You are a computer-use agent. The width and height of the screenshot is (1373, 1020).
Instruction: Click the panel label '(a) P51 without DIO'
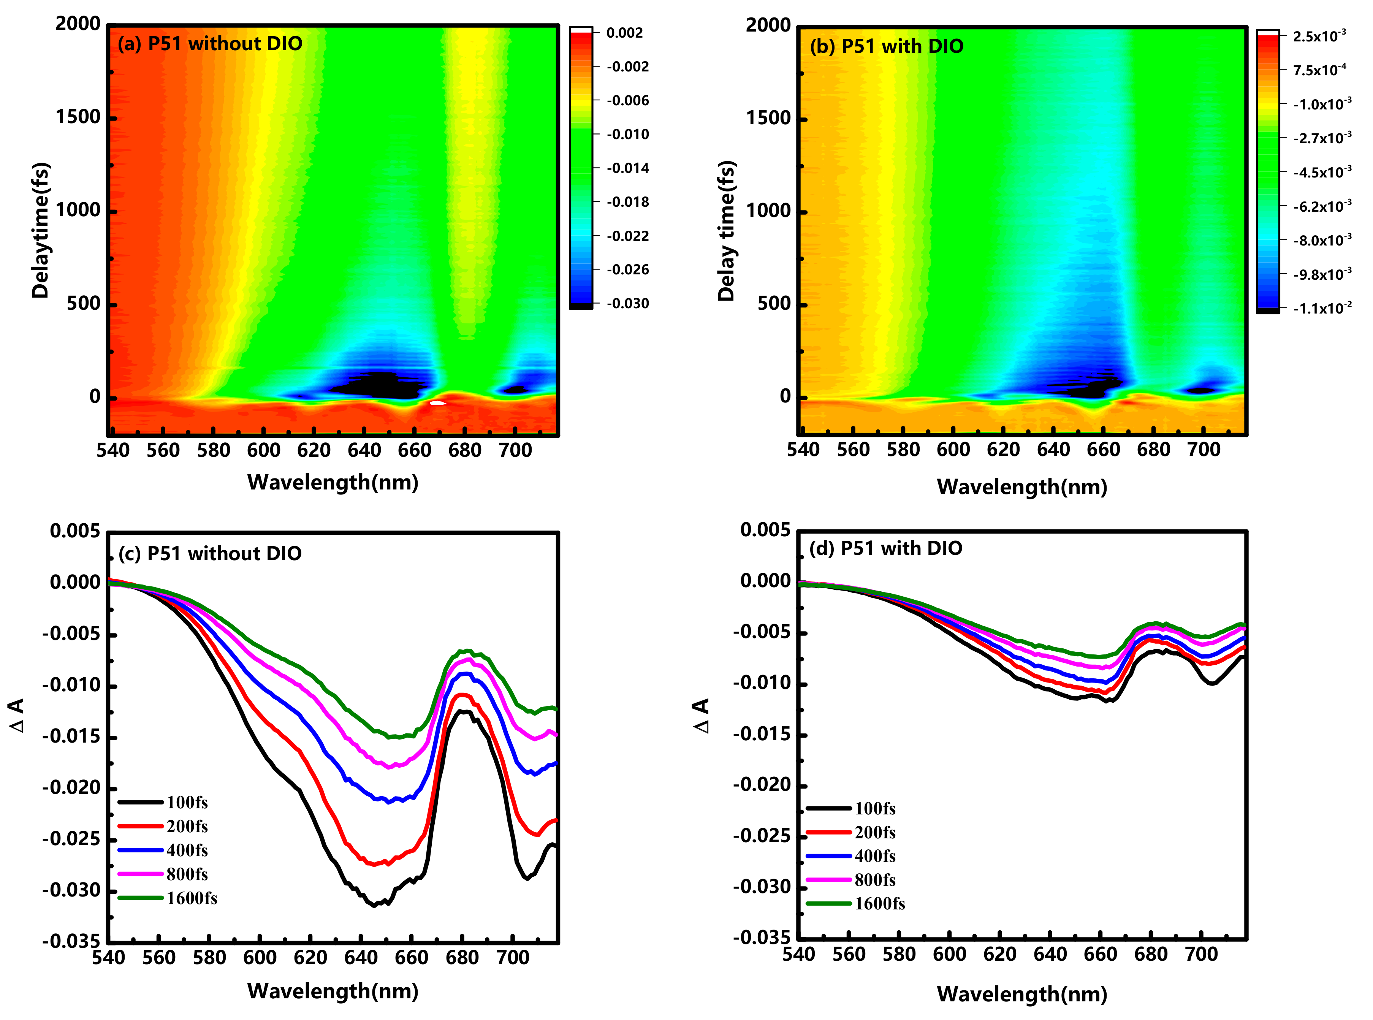point(210,44)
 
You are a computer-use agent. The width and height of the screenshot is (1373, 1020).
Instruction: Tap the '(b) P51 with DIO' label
point(887,46)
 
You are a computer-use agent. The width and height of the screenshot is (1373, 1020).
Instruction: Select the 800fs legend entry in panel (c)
point(187,874)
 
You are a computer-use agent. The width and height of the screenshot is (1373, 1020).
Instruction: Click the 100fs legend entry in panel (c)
point(187,803)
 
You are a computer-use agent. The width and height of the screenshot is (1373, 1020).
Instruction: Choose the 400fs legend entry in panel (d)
point(875,856)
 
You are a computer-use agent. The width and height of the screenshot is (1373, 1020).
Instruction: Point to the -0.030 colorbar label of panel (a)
point(627,304)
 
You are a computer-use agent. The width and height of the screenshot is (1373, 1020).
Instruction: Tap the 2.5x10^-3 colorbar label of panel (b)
point(1319,36)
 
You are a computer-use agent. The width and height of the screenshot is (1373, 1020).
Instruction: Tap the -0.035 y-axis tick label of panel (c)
point(71,942)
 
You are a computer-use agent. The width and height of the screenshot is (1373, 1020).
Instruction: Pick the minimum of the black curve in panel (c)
point(374,906)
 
